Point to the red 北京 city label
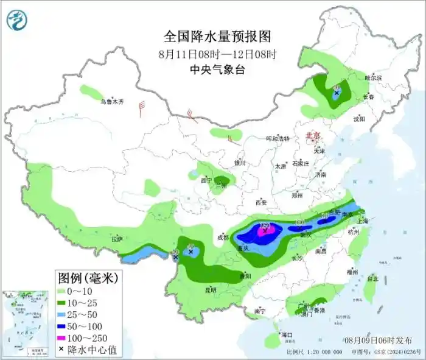[313, 135]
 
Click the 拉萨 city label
[117, 239]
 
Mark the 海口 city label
[285, 335]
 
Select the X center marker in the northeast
[336, 94]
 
